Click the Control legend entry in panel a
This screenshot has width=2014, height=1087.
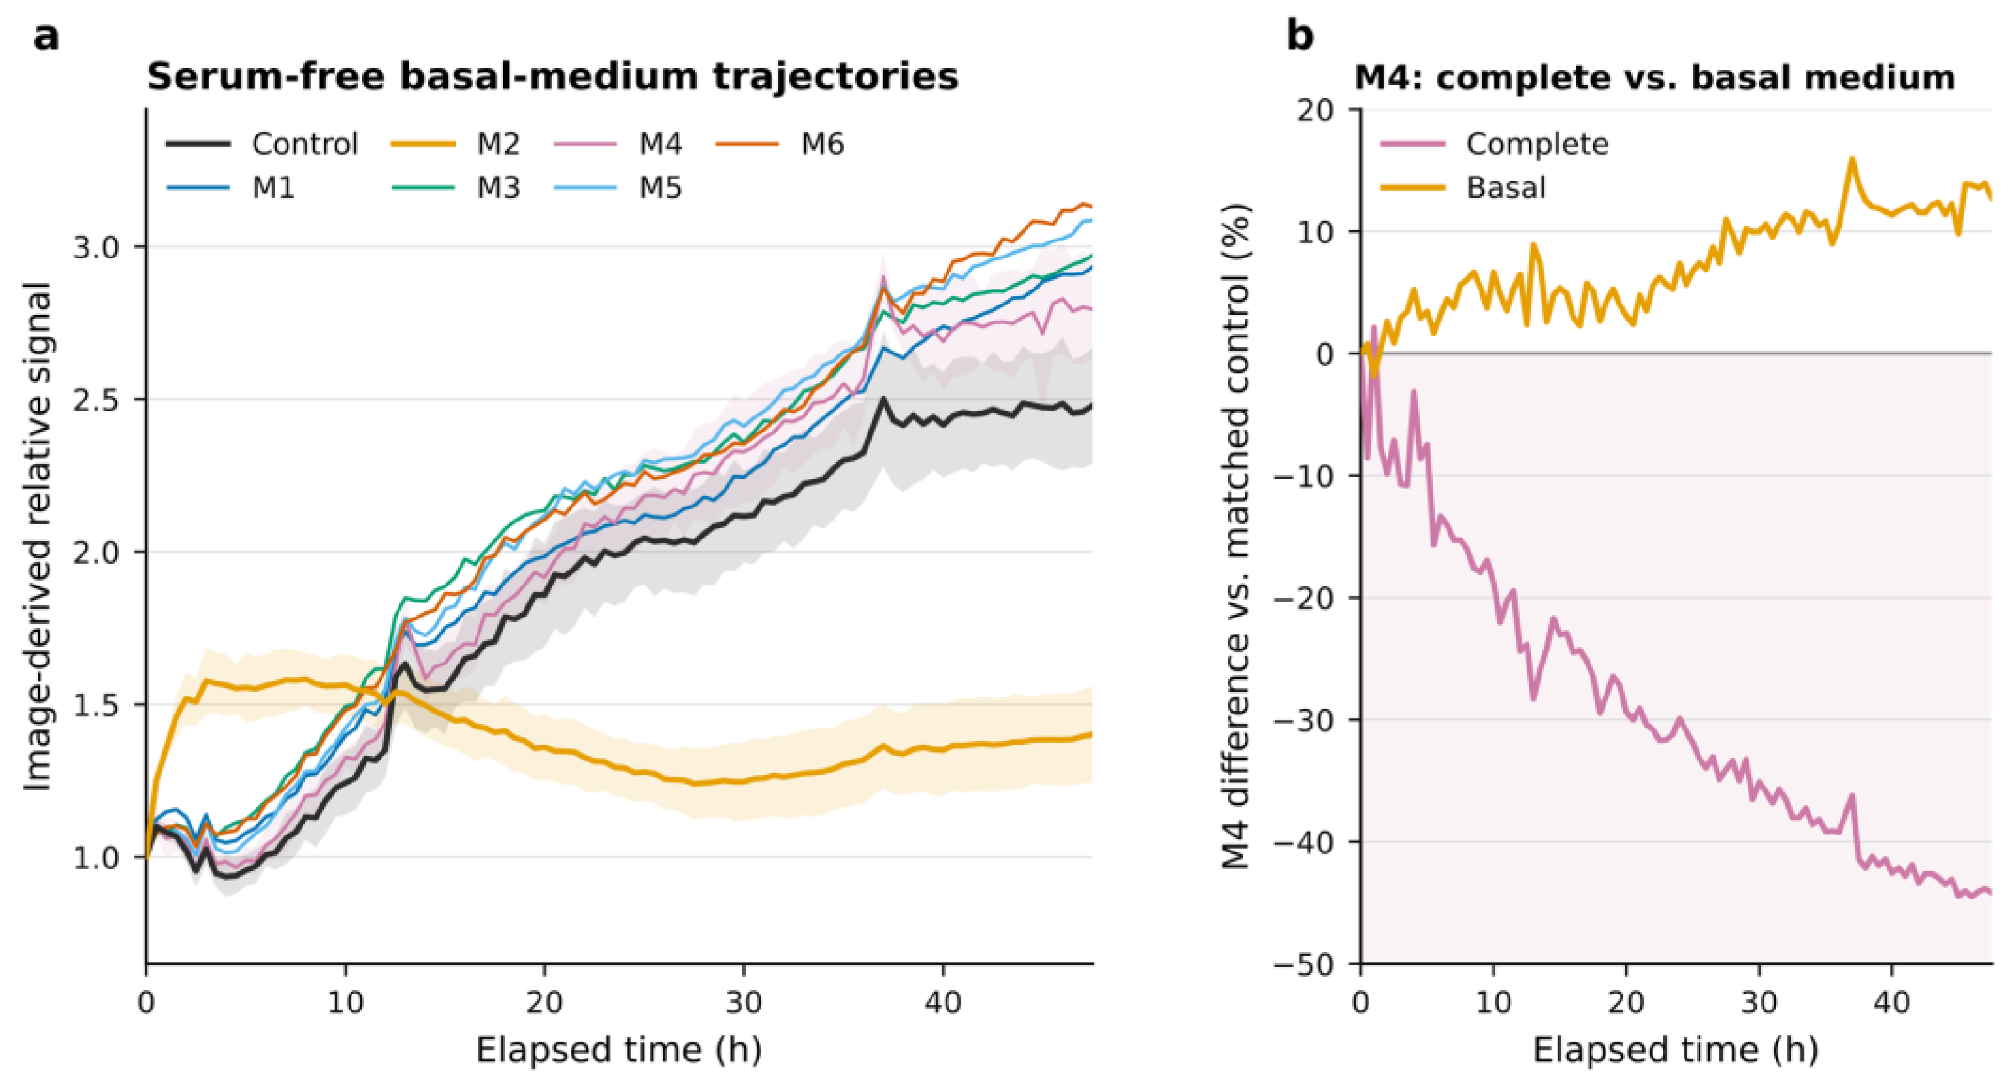262,144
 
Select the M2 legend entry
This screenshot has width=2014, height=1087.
455,144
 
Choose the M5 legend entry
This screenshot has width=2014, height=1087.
618,188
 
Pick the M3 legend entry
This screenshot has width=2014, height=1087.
455,188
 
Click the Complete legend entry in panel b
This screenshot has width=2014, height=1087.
1494,144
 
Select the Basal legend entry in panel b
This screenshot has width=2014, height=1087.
1463,188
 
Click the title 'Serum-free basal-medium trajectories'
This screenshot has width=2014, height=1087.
553,77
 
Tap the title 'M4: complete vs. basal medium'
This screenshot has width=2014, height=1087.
1654,77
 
